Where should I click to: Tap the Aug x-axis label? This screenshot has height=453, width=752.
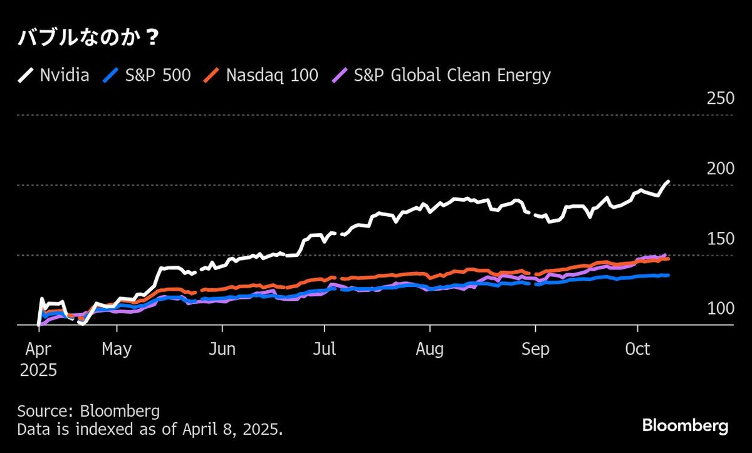point(429,348)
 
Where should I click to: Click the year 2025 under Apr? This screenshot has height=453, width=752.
point(38,370)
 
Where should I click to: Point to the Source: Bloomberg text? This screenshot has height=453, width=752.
point(88,412)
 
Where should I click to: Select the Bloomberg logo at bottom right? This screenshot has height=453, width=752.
point(685,426)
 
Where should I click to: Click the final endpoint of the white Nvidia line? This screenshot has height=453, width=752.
point(668,182)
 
